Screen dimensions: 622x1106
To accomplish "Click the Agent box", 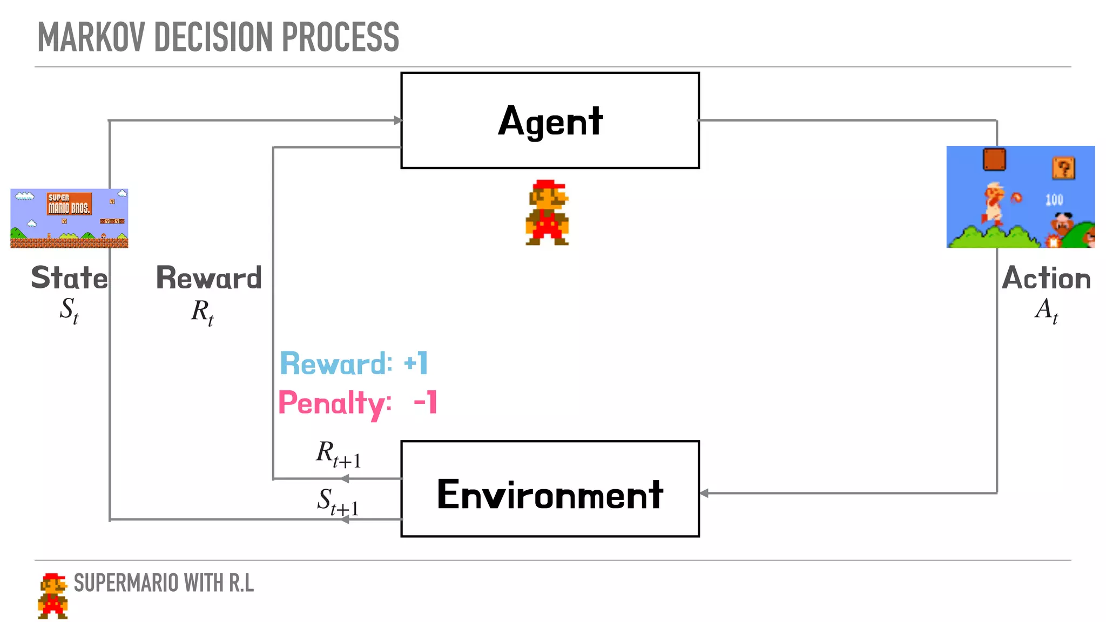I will point(550,120).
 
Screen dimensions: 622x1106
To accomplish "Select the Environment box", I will point(550,489).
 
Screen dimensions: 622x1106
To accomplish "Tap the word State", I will point(69,278).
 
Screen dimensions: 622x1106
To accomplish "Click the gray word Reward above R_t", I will point(209,278).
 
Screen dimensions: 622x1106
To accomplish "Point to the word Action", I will point(1046,278).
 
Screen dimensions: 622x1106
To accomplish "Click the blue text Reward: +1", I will point(354,363).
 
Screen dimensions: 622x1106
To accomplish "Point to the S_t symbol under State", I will point(69,311).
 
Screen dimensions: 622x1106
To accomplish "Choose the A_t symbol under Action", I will point(1046,310).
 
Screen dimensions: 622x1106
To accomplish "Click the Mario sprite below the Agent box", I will point(547,213).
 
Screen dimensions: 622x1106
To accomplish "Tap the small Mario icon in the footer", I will point(53,596).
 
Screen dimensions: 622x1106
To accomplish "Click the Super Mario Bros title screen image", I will point(69,218).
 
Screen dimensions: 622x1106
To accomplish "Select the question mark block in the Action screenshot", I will point(1063,168).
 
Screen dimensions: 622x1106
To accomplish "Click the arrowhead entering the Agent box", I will point(398,120).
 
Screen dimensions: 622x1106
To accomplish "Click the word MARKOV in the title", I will point(91,37).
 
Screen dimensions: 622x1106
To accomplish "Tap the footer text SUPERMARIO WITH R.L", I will point(164,583).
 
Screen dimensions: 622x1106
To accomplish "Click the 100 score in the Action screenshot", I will point(1054,200).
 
